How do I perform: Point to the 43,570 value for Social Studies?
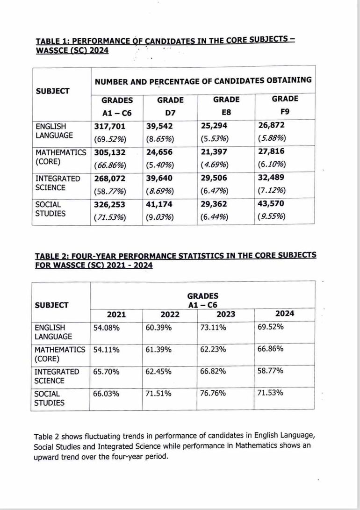271,203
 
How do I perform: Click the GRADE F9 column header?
284,105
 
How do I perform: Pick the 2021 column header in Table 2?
116,315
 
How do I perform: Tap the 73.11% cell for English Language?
213,328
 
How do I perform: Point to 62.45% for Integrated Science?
158,372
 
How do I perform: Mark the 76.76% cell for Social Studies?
213,393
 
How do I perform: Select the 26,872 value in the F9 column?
271,125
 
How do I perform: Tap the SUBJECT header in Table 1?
52,91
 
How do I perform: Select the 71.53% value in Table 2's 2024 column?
270,393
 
